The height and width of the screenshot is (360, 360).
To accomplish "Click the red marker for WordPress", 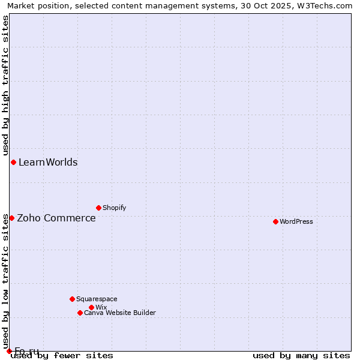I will [x=275, y=221].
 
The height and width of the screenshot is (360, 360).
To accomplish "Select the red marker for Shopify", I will [x=98, y=208].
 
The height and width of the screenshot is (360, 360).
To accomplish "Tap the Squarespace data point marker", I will [x=72, y=299].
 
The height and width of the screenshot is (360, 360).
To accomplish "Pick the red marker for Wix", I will [x=91, y=307].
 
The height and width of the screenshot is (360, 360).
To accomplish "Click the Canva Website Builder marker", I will [x=80, y=313].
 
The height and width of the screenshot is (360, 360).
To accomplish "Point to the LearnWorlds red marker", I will [x=13, y=162].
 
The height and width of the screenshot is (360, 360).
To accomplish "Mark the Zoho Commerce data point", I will [x=11, y=218].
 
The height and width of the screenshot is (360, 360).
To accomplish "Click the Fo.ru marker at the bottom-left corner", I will [x=9, y=351].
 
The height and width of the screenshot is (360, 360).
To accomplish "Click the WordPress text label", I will [x=296, y=221].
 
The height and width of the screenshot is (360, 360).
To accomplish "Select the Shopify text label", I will [x=114, y=208].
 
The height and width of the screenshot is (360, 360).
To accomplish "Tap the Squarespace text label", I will [x=97, y=299].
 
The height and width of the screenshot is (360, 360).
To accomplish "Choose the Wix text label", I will [x=101, y=307].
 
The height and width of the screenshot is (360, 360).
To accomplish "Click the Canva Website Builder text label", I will [x=120, y=313].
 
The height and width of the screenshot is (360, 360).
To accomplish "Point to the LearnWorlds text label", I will [x=48, y=162].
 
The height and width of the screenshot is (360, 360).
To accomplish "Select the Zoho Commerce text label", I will [x=56, y=218].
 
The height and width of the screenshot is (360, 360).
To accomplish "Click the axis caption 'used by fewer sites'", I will [x=62, y=355].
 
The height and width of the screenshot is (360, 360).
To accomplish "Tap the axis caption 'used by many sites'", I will [x=301, y=355].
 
